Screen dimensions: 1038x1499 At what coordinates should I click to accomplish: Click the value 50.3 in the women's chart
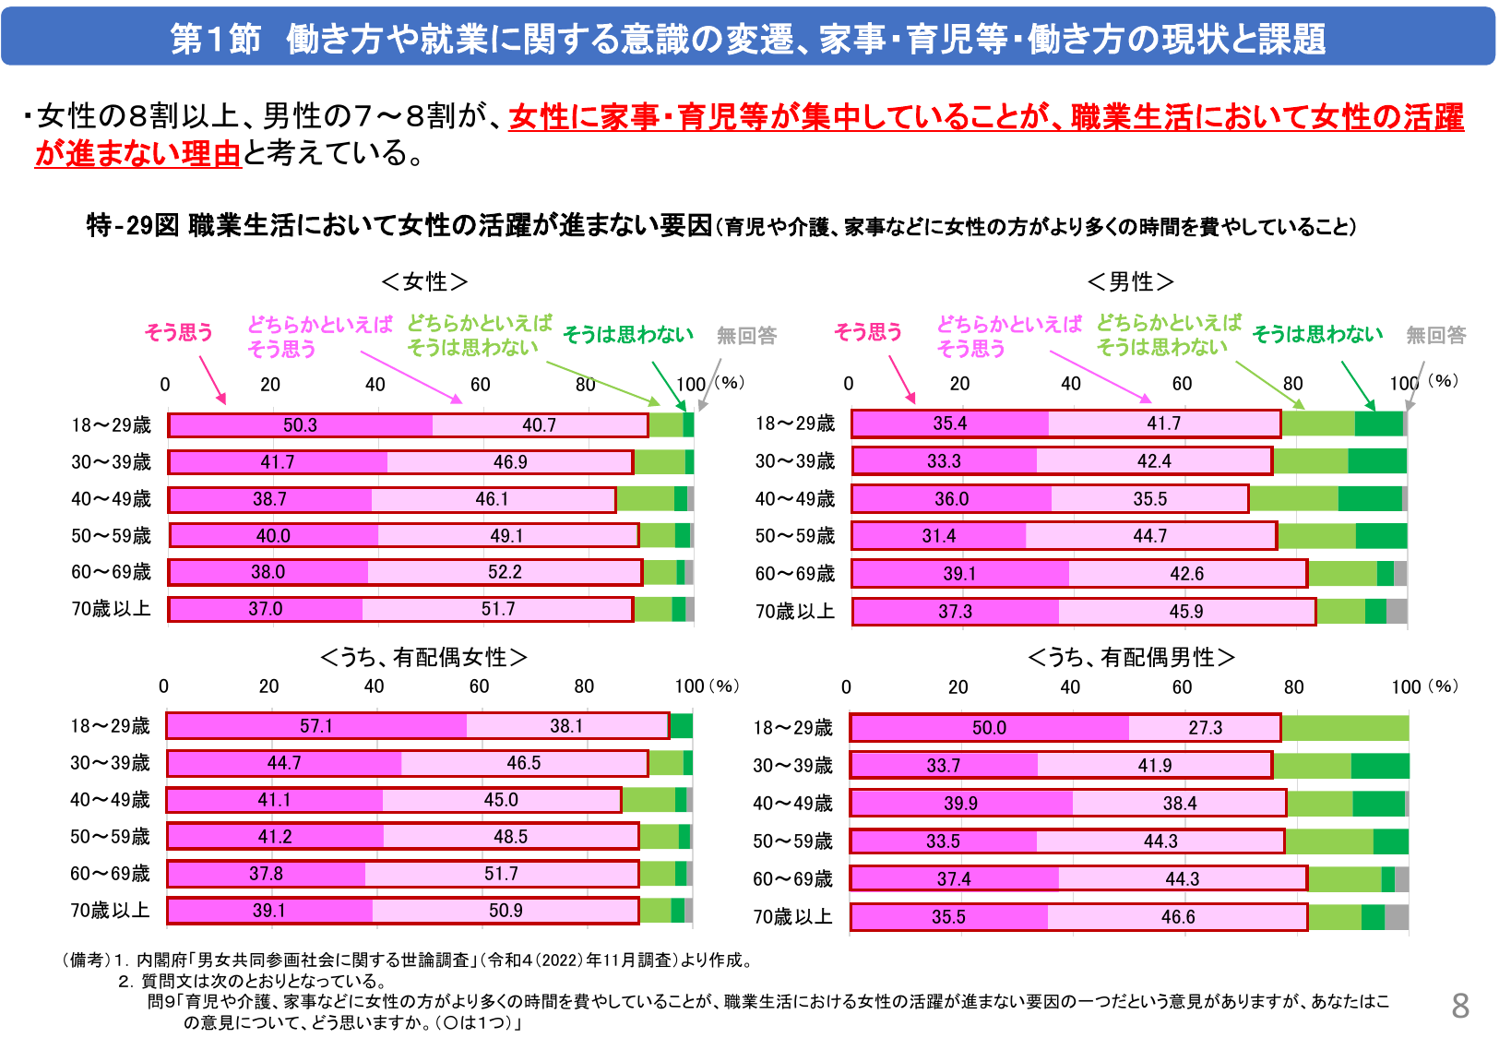point(300,425)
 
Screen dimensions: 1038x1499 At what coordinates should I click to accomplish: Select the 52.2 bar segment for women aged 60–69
point(505,572)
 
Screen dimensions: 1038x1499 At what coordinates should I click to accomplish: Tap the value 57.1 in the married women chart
point(315,726)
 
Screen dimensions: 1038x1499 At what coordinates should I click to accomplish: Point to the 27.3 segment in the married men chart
point(1205,728)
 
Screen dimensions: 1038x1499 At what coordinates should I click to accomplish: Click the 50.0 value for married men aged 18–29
point(989,728)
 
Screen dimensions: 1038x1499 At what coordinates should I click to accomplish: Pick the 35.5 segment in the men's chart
point(1149,499)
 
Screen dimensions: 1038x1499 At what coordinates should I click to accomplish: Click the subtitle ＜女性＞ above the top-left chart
point(424,281)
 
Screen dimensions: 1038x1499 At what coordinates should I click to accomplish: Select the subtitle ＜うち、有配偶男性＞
point(1131,657)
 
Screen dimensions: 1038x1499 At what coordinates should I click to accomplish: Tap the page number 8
point(1459,1006)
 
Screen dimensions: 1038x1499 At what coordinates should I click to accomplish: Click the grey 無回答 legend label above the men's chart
point(1435,336)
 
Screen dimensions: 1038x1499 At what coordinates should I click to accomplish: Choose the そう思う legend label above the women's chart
point(178,333)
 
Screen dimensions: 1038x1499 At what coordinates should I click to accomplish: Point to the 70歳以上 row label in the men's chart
point(794,612)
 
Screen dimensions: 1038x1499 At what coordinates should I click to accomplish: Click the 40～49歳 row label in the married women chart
point(110,800)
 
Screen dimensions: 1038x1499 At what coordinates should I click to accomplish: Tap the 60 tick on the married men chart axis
point(1182,687)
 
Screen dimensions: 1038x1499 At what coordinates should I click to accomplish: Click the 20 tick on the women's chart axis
point(270,385)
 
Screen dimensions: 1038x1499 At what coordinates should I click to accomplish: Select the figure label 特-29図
point(132,225)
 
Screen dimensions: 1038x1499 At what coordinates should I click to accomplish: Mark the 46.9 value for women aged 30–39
point(510,462)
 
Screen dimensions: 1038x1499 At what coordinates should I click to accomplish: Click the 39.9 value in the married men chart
point(960,804)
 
